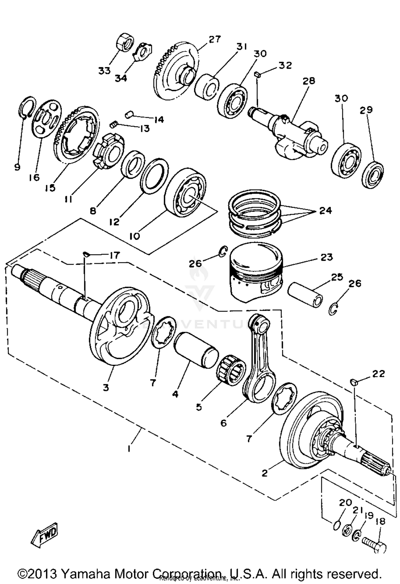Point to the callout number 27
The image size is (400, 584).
215,39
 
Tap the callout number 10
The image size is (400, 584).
135,236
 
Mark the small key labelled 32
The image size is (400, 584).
257,74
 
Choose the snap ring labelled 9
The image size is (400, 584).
27,107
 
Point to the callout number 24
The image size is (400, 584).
325,211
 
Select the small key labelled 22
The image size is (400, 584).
354,382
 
